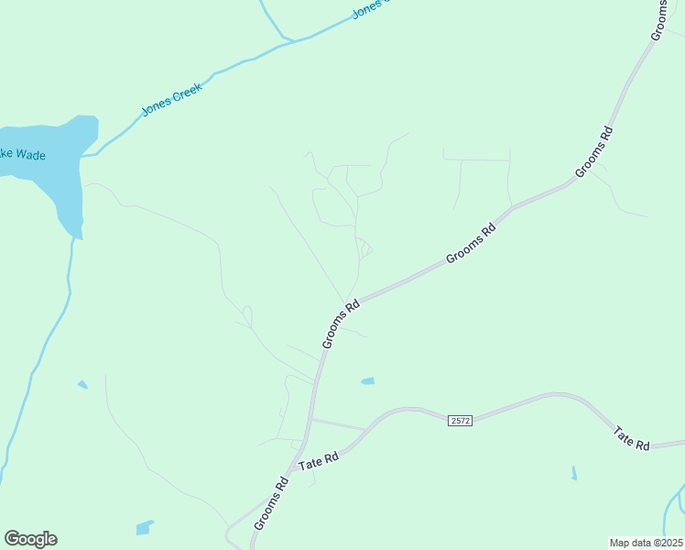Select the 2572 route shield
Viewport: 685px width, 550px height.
460,420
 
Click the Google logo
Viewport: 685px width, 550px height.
30,539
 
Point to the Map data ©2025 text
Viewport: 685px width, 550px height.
646,543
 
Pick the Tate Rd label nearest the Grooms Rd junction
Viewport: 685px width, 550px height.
319,461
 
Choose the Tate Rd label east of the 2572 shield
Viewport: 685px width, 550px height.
632,438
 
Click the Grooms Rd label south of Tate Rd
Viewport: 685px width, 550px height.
272,501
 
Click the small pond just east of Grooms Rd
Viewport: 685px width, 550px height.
367,380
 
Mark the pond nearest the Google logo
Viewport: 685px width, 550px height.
145,527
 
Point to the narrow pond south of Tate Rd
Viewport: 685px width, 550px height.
574,473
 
